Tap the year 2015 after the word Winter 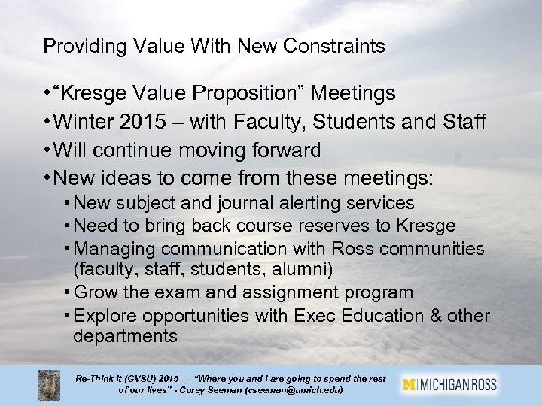pyautogui.click(x=145, y=122)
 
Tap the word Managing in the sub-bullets pyautogui.click(x=111, y=248)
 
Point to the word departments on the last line pyautogui.click(x=125, y=335)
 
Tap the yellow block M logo pyautogui.click(x=411, y=384)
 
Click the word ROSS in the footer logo pyautogui.click(x=480, y=384)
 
